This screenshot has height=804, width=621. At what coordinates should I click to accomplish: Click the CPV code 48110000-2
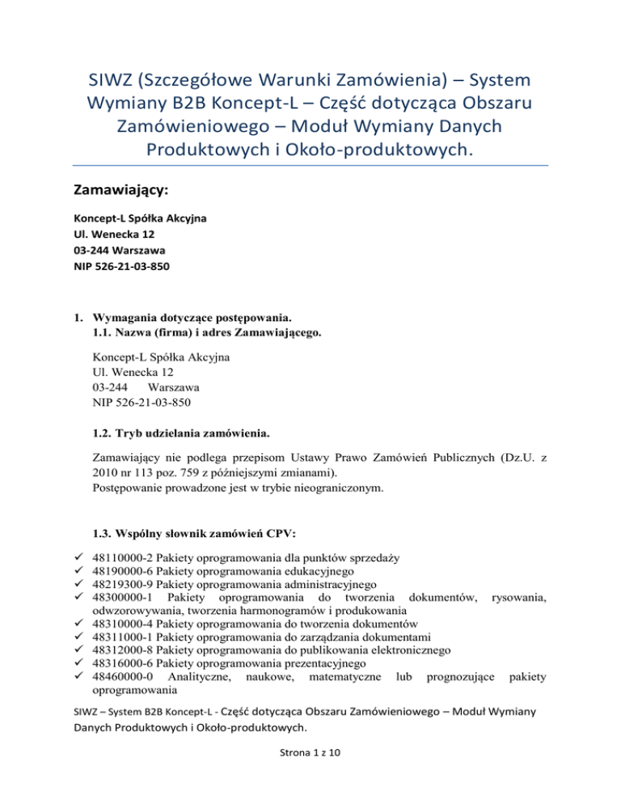tap(122, 557)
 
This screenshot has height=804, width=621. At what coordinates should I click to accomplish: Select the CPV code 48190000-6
tap(122, 571)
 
